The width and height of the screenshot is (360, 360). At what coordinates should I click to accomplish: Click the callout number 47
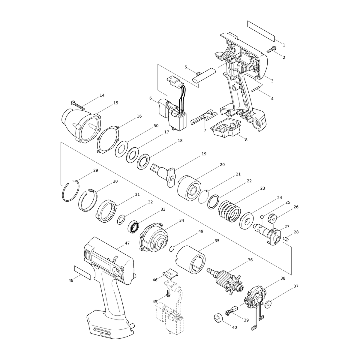[x=127, y=243]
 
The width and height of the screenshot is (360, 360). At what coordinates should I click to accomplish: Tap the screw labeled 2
[x=271, y=49]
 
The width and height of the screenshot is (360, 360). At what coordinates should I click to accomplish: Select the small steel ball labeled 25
[x=262, y=217]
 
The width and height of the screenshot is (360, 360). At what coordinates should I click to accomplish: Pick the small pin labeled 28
[x=286, y=238]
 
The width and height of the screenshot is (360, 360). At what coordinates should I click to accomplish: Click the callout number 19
[x=204, y=154]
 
